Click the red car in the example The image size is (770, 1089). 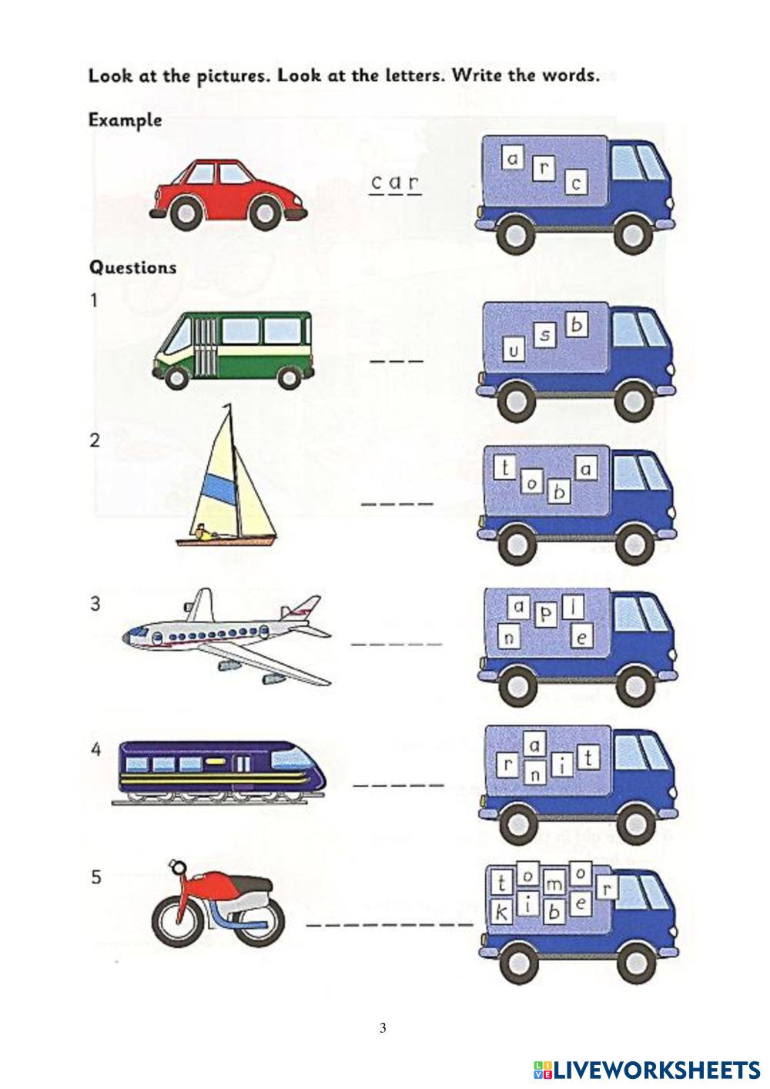point(229,194)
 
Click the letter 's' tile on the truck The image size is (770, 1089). point(544,336)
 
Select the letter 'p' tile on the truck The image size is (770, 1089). point(546,614)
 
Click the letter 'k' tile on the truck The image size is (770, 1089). point(502,913)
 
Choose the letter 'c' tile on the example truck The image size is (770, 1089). point(576,183)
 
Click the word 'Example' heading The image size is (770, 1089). point(126,120)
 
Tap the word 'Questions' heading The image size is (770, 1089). point(133,267)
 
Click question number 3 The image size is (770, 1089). point(95,604)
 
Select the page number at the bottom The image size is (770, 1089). point(383,1027)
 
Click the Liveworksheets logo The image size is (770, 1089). point(647,1069)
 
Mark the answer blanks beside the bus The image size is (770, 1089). point(397,360)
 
